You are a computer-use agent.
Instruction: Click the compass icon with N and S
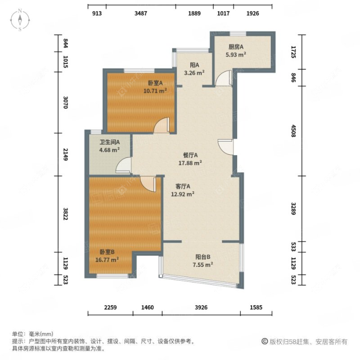(21, 20)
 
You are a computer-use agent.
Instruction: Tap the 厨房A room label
(235, 47)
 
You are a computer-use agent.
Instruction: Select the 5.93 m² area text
(235, 55)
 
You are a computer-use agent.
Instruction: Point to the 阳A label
(194, 64)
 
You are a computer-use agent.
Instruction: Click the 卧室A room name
(155, 83)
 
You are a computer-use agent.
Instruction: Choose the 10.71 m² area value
(155, 90)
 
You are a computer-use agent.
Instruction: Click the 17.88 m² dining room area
(189, 163)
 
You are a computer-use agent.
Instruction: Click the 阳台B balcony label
(203, 257)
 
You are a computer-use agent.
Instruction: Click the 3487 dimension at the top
(141, 13)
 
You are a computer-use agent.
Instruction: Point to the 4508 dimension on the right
(293, 130)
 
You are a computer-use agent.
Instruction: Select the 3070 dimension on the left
(65, 105)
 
